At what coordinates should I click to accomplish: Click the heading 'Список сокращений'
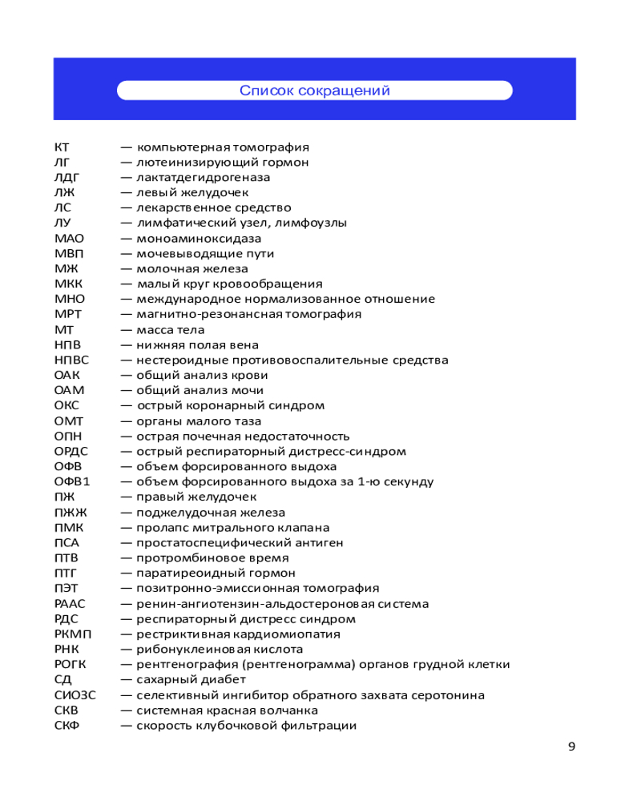click(314, 91)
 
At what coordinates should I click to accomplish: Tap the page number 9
click(571, 747)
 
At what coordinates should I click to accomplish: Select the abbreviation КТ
click(62, 147)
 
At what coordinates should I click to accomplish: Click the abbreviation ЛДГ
click(67, 178)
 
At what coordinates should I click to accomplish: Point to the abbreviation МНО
click(69, 300)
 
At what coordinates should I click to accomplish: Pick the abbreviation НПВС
click(72, 360)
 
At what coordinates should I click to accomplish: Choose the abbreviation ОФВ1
click(72, 482)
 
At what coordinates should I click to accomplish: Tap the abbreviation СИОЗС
click(75, 695)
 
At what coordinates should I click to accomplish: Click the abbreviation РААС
click(70, 604)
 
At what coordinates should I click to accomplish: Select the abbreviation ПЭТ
click(67, 589)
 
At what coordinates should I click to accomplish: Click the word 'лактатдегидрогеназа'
click(204, 178)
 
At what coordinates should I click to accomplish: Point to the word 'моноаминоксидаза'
click(199, 239)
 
